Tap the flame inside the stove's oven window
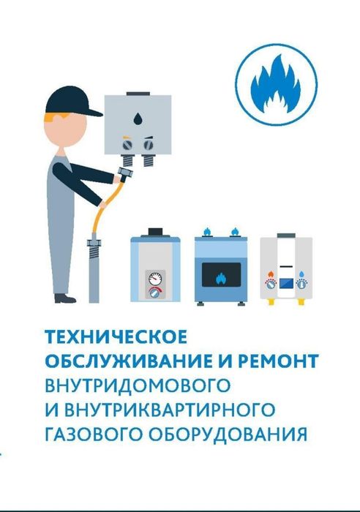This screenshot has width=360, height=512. [x=220, y=278]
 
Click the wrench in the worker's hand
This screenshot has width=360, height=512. [x=125, y=176]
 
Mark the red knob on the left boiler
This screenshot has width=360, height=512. [x=154, y=292]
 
